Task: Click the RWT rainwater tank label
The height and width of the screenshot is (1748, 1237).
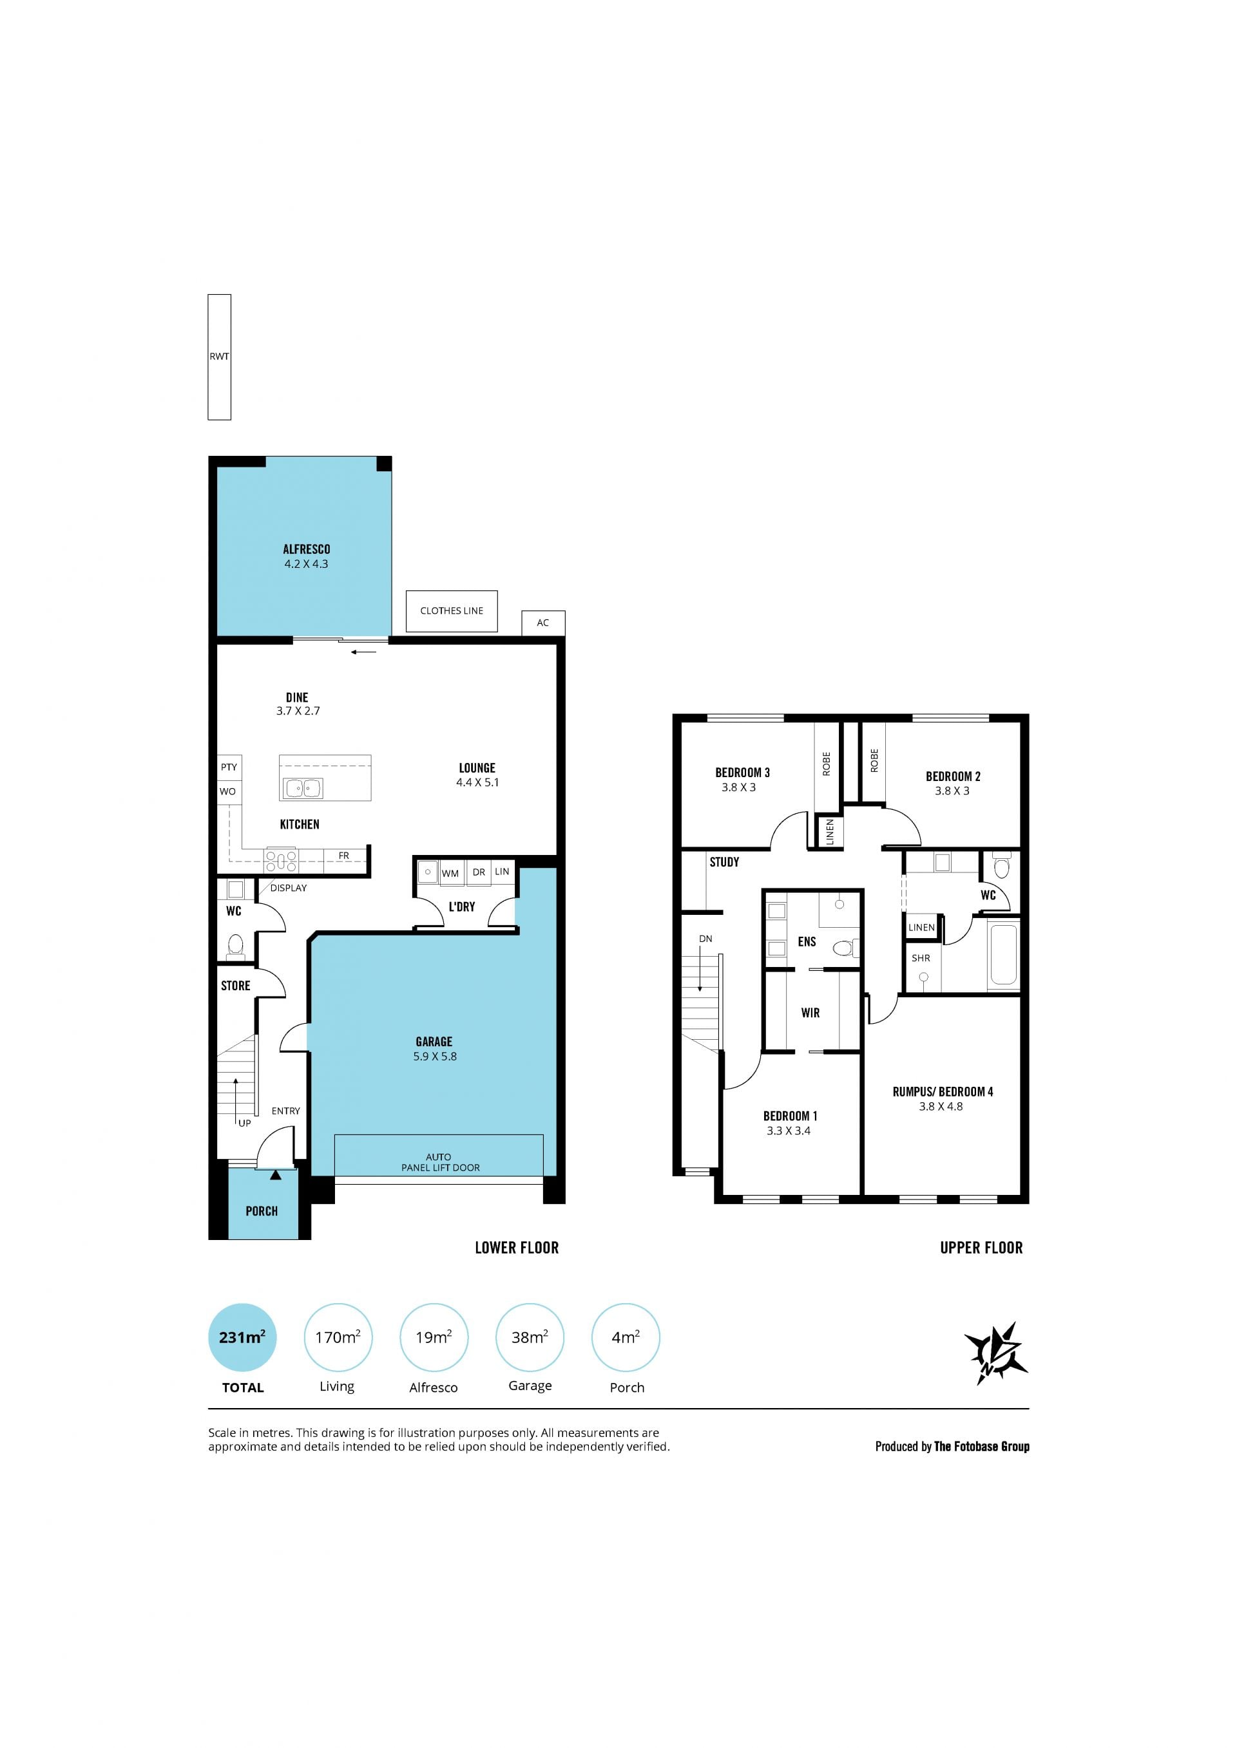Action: coord(219,356)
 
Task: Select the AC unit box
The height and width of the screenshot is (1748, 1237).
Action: coord(543,623)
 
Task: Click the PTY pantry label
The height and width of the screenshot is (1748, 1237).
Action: coord(229,767)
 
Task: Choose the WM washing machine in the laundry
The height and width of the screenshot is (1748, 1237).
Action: coord(450,873)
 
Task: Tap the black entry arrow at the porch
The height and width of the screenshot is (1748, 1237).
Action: coord(275,1176)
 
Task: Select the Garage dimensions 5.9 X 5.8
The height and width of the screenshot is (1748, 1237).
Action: coord(435,1057)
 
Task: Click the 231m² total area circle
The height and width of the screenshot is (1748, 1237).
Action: coord(242,1338)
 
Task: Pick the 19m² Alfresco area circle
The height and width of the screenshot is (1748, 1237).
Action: coord(434,1338)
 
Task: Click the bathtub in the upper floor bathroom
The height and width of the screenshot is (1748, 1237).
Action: coord(1003,954)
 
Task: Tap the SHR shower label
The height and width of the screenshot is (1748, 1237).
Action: coord(921,958)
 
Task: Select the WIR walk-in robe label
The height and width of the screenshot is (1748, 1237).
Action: coord(810,1013)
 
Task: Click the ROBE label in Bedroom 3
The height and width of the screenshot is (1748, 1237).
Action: coord(827,764)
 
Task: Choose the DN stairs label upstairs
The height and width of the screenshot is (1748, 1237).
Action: coord(705,939)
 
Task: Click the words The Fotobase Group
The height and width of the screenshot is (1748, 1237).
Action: coord(982,1447)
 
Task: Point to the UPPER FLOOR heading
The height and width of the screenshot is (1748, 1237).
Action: coord(981,1248)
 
